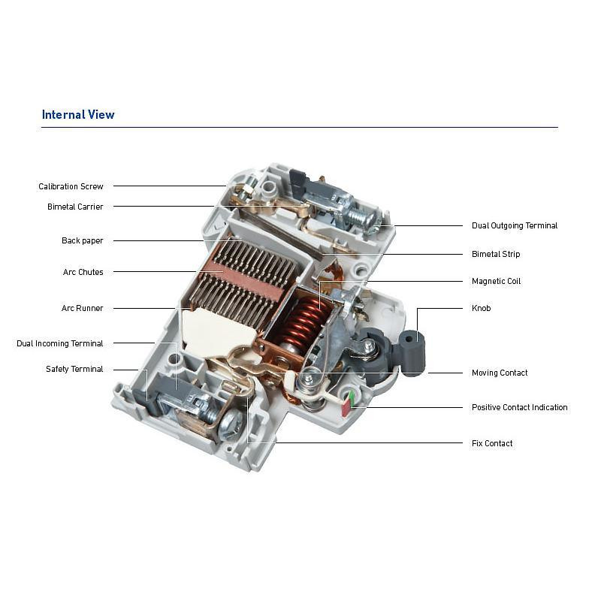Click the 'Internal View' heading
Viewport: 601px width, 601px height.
tap(78, 115)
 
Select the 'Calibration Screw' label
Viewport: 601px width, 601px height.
tap(71, 186)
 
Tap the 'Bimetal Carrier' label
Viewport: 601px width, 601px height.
tap(75, 207)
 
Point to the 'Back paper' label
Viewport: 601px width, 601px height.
tap(83, 240)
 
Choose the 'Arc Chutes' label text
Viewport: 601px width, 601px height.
tap(83, 272)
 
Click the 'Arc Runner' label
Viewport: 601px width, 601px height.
tap(83, 308)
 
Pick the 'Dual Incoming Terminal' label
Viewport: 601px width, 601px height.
tap(60, 343)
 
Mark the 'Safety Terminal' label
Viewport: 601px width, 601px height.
tap(74, 369)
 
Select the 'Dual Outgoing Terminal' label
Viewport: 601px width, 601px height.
tap(515, 226)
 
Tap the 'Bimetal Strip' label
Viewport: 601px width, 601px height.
tap(496, 254)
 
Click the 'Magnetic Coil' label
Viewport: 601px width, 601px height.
tap(497, 281)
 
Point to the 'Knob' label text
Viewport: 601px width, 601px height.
tap(482, 308)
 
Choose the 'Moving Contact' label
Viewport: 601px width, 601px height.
tap(500, 373)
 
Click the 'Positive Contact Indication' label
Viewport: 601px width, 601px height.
tap(520, 407)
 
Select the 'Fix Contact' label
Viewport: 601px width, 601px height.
tap(492, 443)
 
